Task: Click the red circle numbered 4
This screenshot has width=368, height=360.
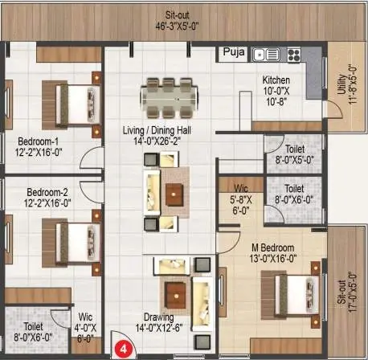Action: (x=124, y=350)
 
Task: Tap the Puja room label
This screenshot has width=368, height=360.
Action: (x=234, y=51)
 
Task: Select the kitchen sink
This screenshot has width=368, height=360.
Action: (x=266, y=55)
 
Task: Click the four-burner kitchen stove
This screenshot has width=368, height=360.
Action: (x=294, y=55)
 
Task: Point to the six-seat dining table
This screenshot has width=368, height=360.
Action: (x=170, y=98)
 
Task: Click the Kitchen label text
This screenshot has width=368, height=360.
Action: (x=276, y=80)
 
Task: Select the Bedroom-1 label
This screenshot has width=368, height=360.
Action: (x=38, y=141)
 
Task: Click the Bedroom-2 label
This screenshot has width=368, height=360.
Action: (x=47, y=192)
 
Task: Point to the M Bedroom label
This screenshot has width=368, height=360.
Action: (x=273, y=247)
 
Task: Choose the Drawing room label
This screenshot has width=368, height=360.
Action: (x=159, y=317)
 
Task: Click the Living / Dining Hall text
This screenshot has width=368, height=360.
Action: (x=157, y=130)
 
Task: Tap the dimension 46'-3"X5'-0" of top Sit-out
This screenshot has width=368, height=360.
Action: (x=177, y=27)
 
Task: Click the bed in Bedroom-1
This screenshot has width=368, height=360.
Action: (x=71, y=105)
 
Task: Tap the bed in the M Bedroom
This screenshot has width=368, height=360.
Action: (x=290, y=295)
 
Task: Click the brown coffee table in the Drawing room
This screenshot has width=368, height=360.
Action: (x=176, y=296)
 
